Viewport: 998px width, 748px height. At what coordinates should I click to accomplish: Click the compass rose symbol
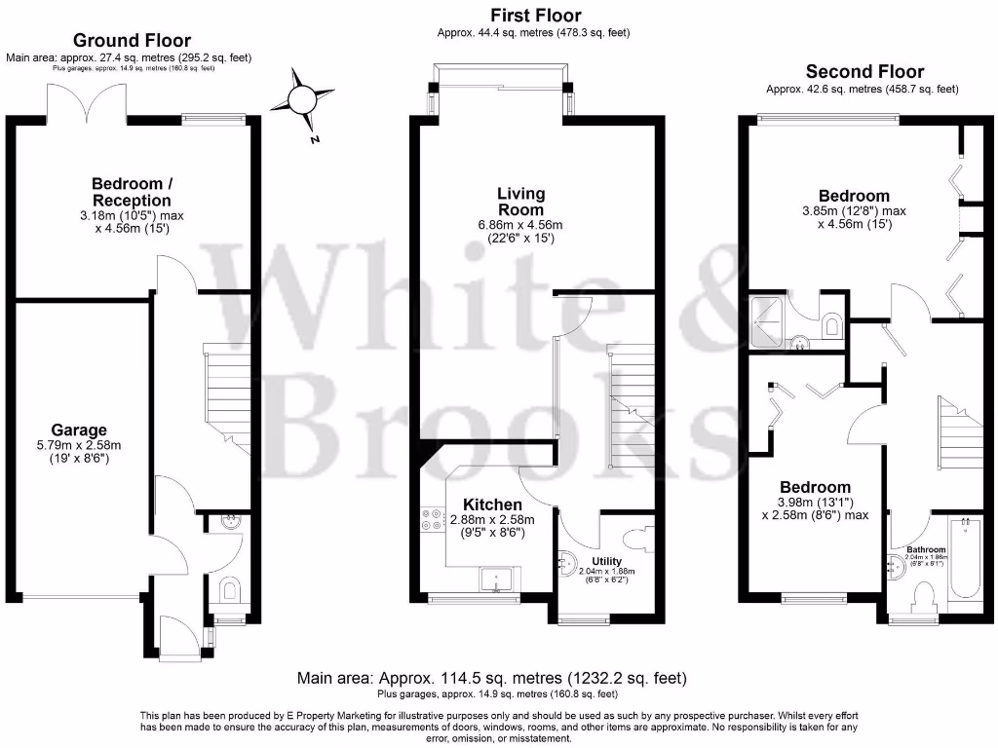pos(303,100)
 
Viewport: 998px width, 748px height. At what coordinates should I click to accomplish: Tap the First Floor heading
pos(535,16)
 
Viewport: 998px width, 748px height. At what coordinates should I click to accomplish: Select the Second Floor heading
pos(864,72)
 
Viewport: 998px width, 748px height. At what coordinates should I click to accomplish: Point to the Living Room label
pos(521,202)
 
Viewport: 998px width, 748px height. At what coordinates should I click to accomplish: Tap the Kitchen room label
pos(492,505)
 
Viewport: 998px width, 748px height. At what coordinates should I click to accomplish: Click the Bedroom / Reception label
pos(132,192)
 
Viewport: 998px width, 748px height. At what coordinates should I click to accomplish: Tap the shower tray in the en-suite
pos(769,318)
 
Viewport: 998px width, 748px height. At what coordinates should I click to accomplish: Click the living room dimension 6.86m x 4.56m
pos(521,231)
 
